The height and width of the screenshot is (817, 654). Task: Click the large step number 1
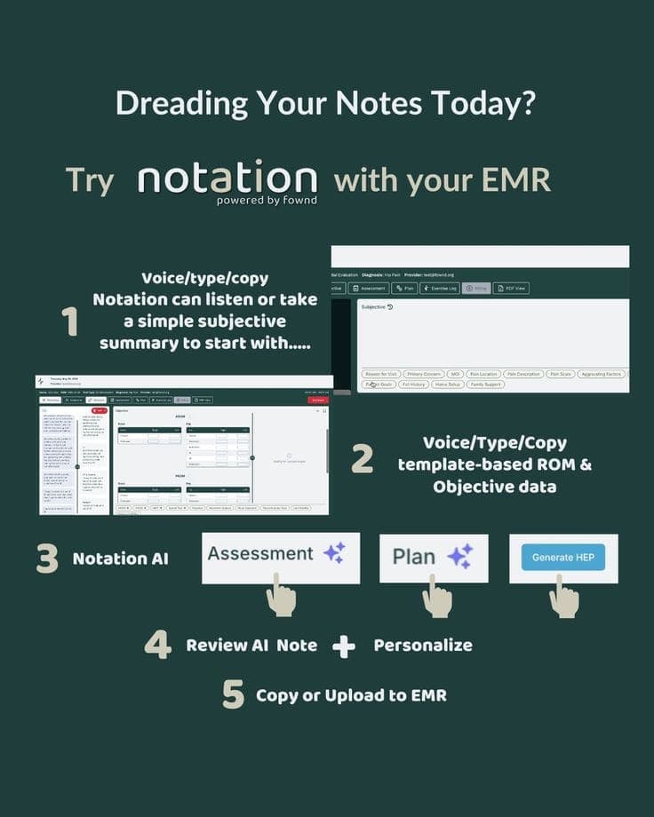(70, 321)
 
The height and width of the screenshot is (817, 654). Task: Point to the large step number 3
(47, 559)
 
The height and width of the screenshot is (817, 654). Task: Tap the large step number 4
(157, 645)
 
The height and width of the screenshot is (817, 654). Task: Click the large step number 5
(233, 694)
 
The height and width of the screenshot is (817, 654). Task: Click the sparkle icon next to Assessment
(334, 554)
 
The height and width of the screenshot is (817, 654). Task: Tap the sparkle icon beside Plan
(459, 557)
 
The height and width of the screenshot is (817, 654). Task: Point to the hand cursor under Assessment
(281, 595)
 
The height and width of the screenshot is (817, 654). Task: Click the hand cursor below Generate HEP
(563, 597)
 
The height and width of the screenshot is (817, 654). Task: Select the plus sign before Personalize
(344, 646)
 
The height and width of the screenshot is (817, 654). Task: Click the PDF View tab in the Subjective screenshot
(511, 288)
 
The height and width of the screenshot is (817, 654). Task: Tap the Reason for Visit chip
(381, 374)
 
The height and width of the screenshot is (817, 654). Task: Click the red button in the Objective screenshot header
(317, 401)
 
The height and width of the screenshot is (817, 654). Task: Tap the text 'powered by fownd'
(267, 200)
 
